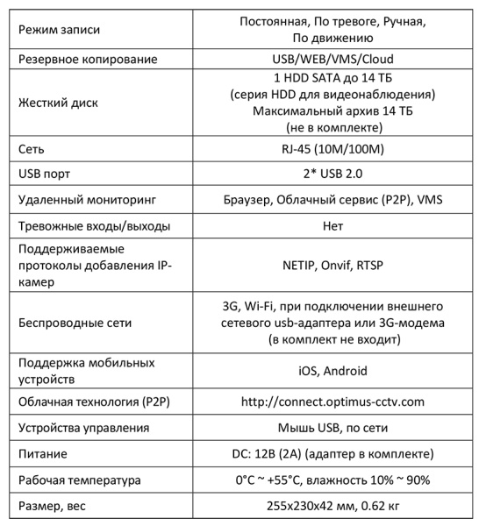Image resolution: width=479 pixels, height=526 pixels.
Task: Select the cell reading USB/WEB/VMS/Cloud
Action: [332, 60]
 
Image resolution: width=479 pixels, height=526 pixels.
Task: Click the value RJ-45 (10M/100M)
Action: [332, 146]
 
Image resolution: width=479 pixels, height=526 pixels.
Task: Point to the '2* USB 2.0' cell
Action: [332, 173]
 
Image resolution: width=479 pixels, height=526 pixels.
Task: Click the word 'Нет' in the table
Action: [332, 226]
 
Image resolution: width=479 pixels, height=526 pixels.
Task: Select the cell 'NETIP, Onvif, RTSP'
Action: [332, 265]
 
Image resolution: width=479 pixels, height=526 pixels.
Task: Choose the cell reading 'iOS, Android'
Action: [332, 370]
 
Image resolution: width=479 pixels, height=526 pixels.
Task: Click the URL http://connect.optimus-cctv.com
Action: [332, 402]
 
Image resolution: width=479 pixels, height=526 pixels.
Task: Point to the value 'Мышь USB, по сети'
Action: [332, 428]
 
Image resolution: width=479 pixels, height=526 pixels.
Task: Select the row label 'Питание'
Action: [44, 454]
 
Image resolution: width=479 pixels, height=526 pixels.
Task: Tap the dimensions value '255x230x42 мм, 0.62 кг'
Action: [332, 507]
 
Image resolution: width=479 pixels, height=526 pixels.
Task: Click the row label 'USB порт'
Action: [46, 173]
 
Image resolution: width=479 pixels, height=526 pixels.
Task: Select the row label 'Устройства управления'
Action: [89, 428]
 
